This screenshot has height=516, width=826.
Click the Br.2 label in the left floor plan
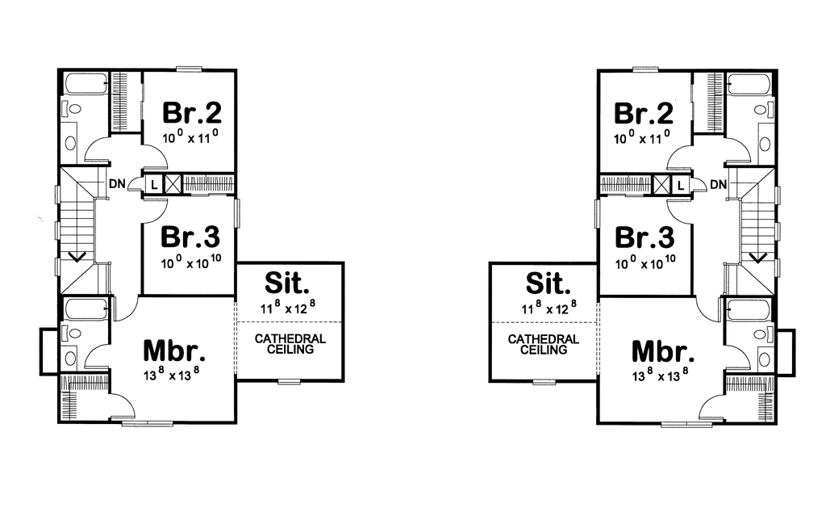[x=192, y=112]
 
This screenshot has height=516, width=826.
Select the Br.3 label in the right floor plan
[x=645, y=237]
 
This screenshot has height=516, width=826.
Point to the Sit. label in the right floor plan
[x=549, y=283]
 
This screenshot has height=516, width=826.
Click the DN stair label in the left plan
[x=117, y=183]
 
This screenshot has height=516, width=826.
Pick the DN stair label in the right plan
[x=718, y=185]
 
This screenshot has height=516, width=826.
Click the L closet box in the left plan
[x=154, y=185]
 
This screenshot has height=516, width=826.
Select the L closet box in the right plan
[x=681, y=185]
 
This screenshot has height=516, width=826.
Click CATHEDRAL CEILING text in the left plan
[x=290, y=344]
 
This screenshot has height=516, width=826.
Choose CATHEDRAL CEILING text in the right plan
[x=544, y=345]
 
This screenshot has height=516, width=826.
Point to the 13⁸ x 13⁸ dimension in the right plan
[x=661, y=375]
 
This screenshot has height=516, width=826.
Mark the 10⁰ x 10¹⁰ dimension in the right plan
[x=645, y=262]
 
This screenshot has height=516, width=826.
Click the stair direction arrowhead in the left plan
[x=77, y=258]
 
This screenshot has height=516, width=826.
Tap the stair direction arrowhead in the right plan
[x=758, y=258]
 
